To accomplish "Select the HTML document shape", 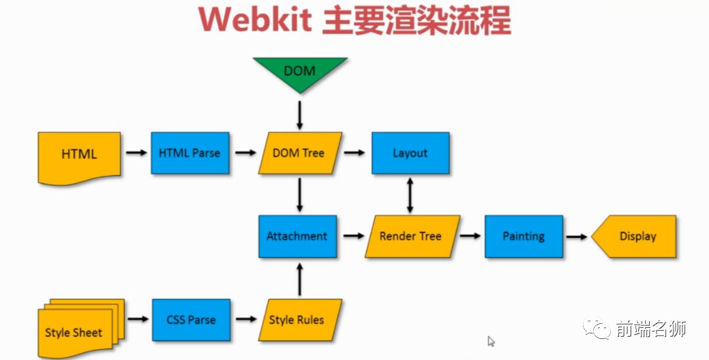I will pyautogui.click(x=79, y=156).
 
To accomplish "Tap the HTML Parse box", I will pyautogui.click(x=190, y=153).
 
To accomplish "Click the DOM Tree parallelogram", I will pyautogui.click(x=299, y=153).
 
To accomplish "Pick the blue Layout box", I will pyautogui.click(x=410, y=153).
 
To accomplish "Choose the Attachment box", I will pyautogui.click(x=297, y=237).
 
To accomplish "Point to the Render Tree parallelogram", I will pyautogui.click(x=410, y=237).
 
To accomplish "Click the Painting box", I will pyautogui.click(x=524, y=237).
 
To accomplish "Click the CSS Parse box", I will pyautogui.click(x=191, y=320).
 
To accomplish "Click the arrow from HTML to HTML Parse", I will pyautogui.click(x=136, y=153).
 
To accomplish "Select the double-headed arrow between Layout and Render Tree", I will pyautogui.click(x=410, y=194).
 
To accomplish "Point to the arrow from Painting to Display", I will pyautogui.click(x=577, y=237).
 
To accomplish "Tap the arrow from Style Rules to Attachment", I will pyautogui.click(x=298, y=278).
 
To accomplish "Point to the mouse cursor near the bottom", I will pyautogui.click(x=491, y=341).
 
